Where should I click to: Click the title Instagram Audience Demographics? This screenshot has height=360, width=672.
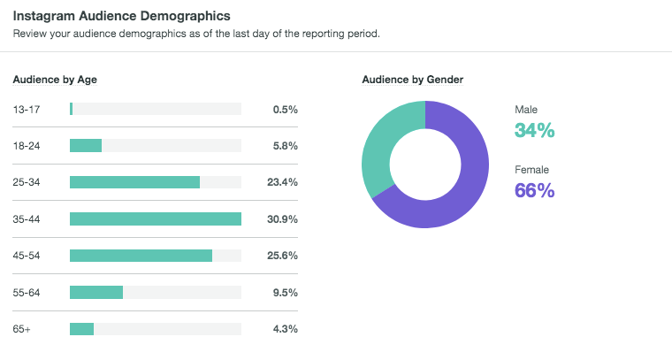121,16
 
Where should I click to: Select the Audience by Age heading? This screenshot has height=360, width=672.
55,80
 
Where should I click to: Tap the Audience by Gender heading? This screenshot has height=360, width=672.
413,80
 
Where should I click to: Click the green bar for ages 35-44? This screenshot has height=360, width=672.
156,218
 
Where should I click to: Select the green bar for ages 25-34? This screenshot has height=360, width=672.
134,182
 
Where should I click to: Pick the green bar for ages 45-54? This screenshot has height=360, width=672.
141,256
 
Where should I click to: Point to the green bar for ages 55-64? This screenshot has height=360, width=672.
96,292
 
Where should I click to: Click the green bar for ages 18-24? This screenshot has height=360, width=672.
86,145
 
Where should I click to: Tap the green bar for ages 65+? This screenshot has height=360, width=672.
81,329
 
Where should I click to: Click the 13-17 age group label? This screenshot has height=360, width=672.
26,109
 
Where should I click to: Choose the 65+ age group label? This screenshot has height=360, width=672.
22,329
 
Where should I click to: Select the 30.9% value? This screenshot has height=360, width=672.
282,218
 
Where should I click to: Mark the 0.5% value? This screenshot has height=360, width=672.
285,109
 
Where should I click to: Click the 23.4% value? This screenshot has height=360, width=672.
282,182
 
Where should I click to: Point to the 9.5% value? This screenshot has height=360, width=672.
285,292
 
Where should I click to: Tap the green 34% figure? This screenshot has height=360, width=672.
534,131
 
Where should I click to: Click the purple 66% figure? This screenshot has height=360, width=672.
534,190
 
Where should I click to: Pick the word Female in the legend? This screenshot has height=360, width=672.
531,169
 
